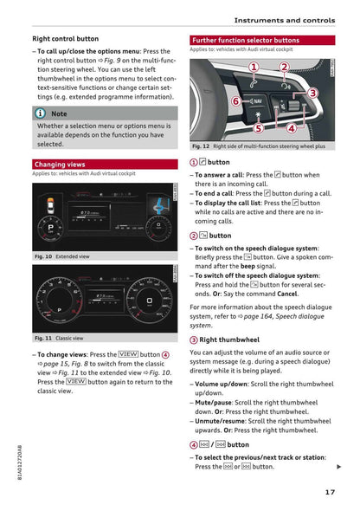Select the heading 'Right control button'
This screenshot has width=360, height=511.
tap(65, 39)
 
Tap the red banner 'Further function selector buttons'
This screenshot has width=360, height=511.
tap(246, 40)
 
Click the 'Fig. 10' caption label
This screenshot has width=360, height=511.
tap(42, 256)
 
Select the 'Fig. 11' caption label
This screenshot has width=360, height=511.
tap(42, 338)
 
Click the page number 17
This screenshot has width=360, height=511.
tap(330, 493)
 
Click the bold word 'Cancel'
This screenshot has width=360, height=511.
tap(286, 294)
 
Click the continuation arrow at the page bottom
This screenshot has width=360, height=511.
tap(338, 467)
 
